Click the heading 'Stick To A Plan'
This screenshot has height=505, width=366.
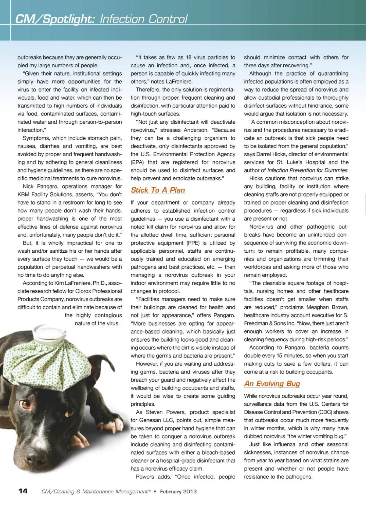158,190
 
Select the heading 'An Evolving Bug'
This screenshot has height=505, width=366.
272,384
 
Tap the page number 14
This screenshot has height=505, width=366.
23,491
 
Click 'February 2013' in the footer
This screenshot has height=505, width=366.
178,492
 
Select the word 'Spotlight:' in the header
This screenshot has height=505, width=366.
69,19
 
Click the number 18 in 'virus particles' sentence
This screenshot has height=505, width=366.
189,57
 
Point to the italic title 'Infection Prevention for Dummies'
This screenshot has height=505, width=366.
307,170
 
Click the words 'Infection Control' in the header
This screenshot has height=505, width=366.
144,19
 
